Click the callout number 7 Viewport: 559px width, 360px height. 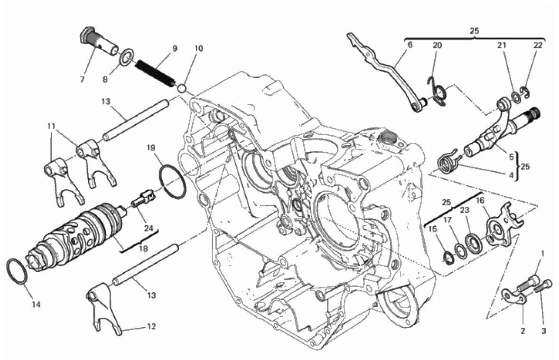pyautogui.click(x=83, y=80)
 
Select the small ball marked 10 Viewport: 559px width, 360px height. pyautogui.click(x=182, y=88)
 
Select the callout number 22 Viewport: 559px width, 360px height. pyautogui.click(x=538, y=45)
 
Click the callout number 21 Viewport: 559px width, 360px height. pyautogui.click(x=502, y=45)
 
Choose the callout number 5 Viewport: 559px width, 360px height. pyautogui.click(x=511, y=157)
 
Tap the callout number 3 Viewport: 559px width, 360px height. pyautogui.click(x=544, y=331)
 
